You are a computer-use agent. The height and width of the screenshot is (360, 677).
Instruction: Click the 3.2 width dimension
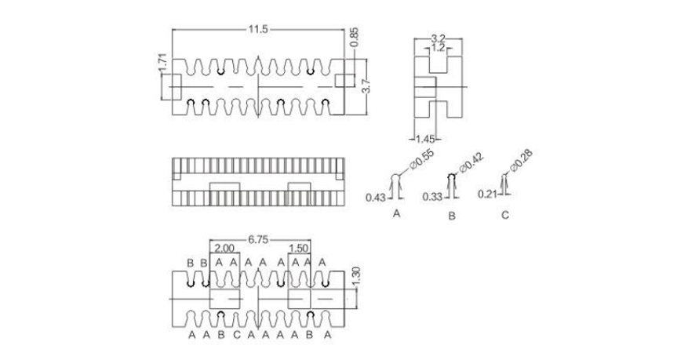pyautogui.click(x=439, y=38)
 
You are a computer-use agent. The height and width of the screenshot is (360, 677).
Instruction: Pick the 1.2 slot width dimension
pyautogui.click(x=439, y=47)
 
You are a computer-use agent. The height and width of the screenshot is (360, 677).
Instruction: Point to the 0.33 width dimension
pyautogui.click(x=431, y=196)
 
